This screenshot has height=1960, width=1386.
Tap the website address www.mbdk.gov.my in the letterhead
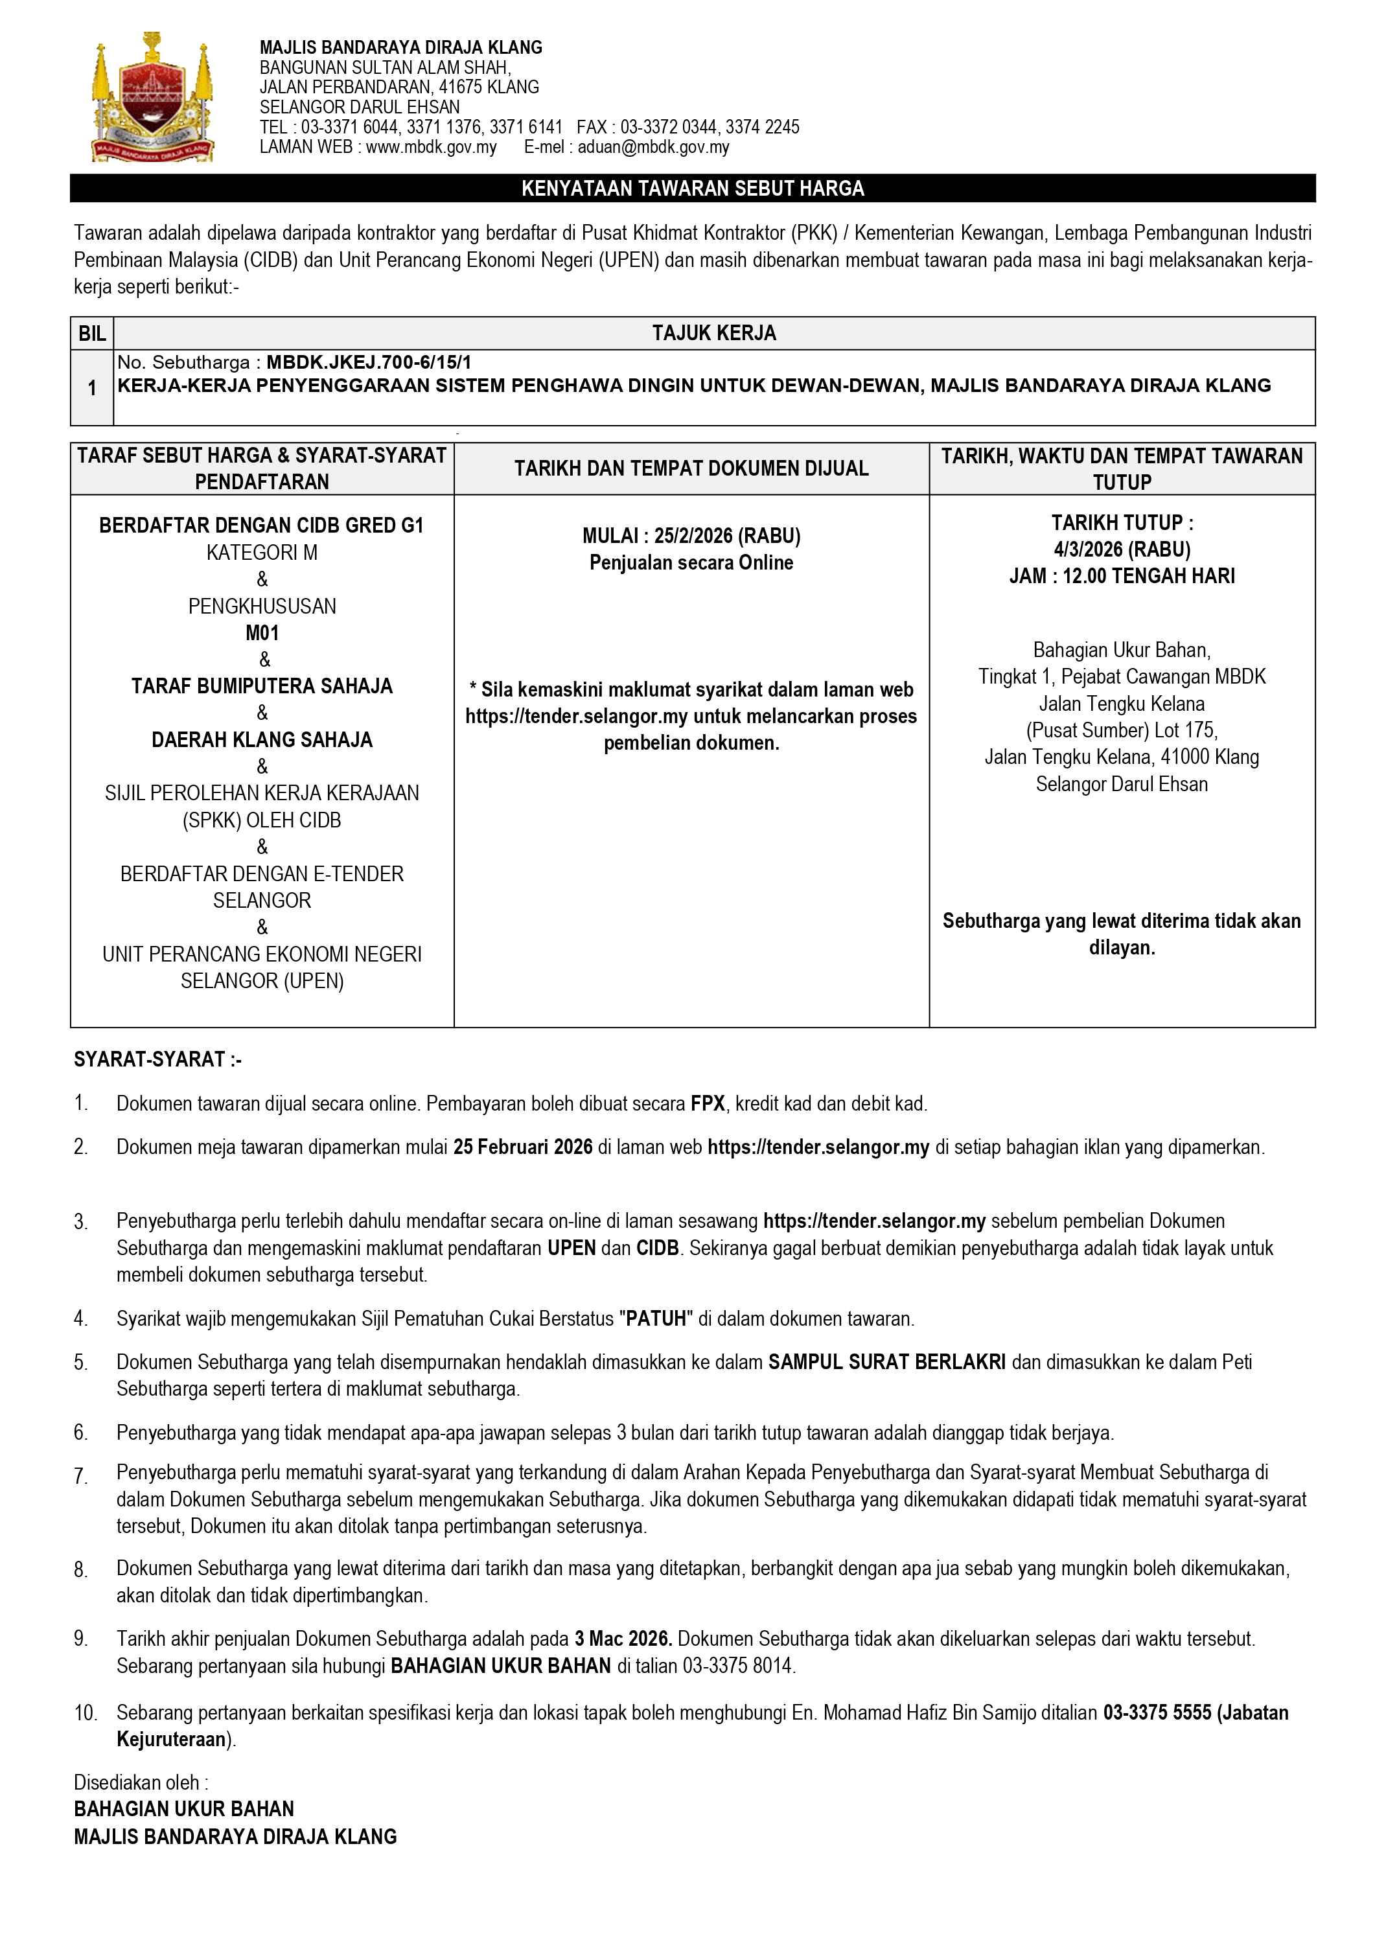tap(431, 147)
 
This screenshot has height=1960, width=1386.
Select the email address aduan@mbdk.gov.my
tap(653, 147)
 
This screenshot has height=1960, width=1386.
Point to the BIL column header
tap(92, 334)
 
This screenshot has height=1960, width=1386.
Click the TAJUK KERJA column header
tap(713, 333)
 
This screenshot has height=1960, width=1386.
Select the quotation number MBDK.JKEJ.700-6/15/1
tap(369, 363)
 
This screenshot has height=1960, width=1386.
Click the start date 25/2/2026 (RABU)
tap(727, 536)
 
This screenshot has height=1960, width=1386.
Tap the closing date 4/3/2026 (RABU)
tap(1122, 549)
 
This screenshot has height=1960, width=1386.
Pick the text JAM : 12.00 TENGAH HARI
tap(1122, 576)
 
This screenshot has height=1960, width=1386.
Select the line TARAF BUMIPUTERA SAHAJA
tap(262, 686)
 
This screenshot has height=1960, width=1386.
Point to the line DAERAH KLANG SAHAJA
tap(262, 740)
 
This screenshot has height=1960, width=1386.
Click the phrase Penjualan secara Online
tap(691, 562)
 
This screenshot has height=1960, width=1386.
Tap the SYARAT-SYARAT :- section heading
tap(158, 1059)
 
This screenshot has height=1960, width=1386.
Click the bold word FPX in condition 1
tap(708, 1104)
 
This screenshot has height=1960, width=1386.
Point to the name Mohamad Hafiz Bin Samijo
tap(941, 1712)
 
